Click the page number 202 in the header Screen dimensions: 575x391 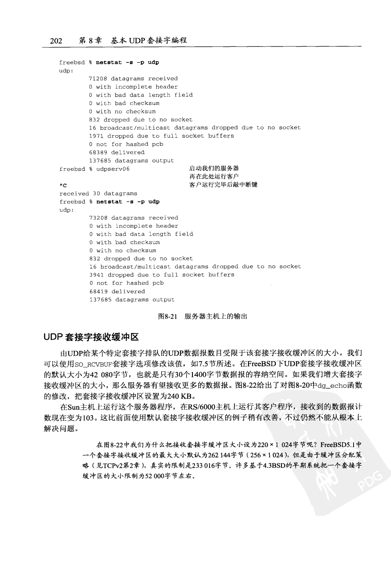pos(56,41)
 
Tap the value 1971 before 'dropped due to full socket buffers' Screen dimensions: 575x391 pos(96,136)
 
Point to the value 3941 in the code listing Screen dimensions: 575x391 pos(97,275)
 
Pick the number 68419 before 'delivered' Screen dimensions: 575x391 pos(99,292)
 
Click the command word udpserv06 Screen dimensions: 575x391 pos(113,169)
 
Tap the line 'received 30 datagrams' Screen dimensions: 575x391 pos(98,194)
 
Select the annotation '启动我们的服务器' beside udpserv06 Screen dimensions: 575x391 pos(214,168)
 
